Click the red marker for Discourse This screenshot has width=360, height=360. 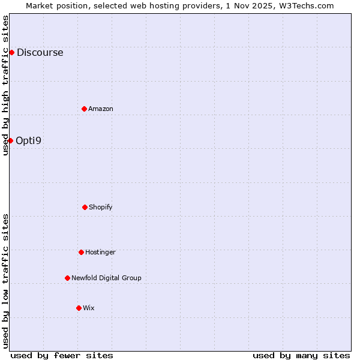tap(11, 52)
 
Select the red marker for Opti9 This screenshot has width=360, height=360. tap(10, 140)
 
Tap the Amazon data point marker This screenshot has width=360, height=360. tap(84, 109)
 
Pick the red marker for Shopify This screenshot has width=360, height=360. tap(85, 207)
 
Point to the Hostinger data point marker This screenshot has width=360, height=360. tap(81, 252)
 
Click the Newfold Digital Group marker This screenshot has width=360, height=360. tap(67, 278)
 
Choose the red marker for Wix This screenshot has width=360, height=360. tap(79, 308)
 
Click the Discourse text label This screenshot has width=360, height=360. tap(40, 52)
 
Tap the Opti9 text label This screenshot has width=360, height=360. tap(29, 140)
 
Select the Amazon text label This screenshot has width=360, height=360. tap(101, 109)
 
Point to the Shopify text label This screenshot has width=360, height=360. tap(101, 207)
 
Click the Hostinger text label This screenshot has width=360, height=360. tap(100, 252)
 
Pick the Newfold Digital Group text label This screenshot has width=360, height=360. tap(106, 278)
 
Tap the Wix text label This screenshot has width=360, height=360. tap(89, 308)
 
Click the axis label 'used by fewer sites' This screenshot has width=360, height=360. tap(62, 355)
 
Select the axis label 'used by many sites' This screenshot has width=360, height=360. tap(301, 355)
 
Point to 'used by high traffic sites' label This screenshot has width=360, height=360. tap(5, 85)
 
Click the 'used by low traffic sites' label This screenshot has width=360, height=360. tap(5, 281)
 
